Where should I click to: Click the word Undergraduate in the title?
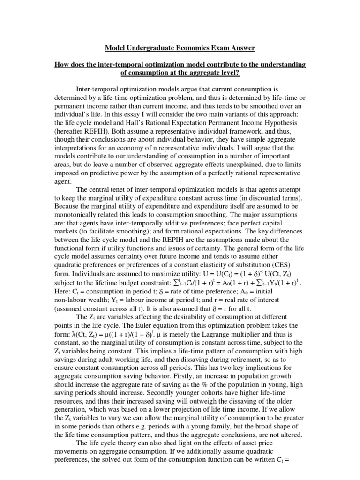[150, 48]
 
